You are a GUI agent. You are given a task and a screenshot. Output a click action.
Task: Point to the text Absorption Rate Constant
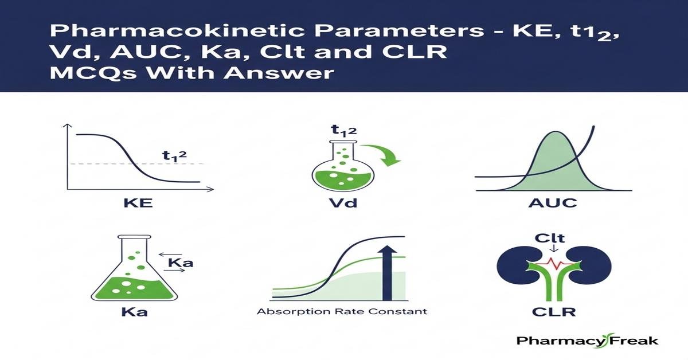[x=342, y=311]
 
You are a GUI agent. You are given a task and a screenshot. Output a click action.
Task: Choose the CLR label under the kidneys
[x=554, y=313]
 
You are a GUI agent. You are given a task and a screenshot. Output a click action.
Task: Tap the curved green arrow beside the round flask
[x=385, y=154]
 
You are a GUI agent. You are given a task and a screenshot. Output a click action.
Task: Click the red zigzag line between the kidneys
[x=554, y=264]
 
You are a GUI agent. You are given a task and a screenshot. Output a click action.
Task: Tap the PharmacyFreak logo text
[x=587, y=341]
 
